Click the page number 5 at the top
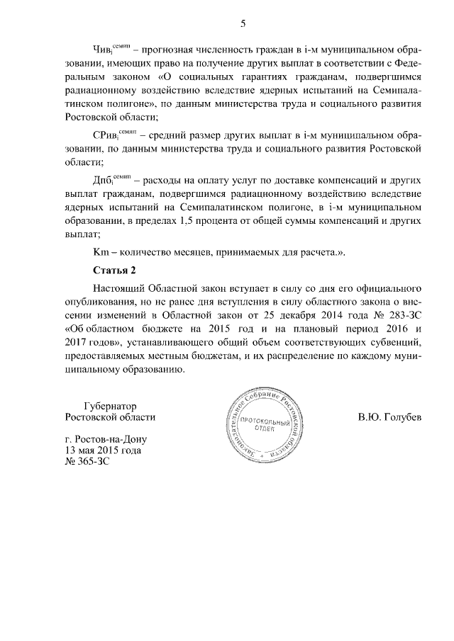243,24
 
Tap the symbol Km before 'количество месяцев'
101,252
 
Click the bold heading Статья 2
113,271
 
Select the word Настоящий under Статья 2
118,289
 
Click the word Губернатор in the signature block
109,406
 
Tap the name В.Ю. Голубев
389,418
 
